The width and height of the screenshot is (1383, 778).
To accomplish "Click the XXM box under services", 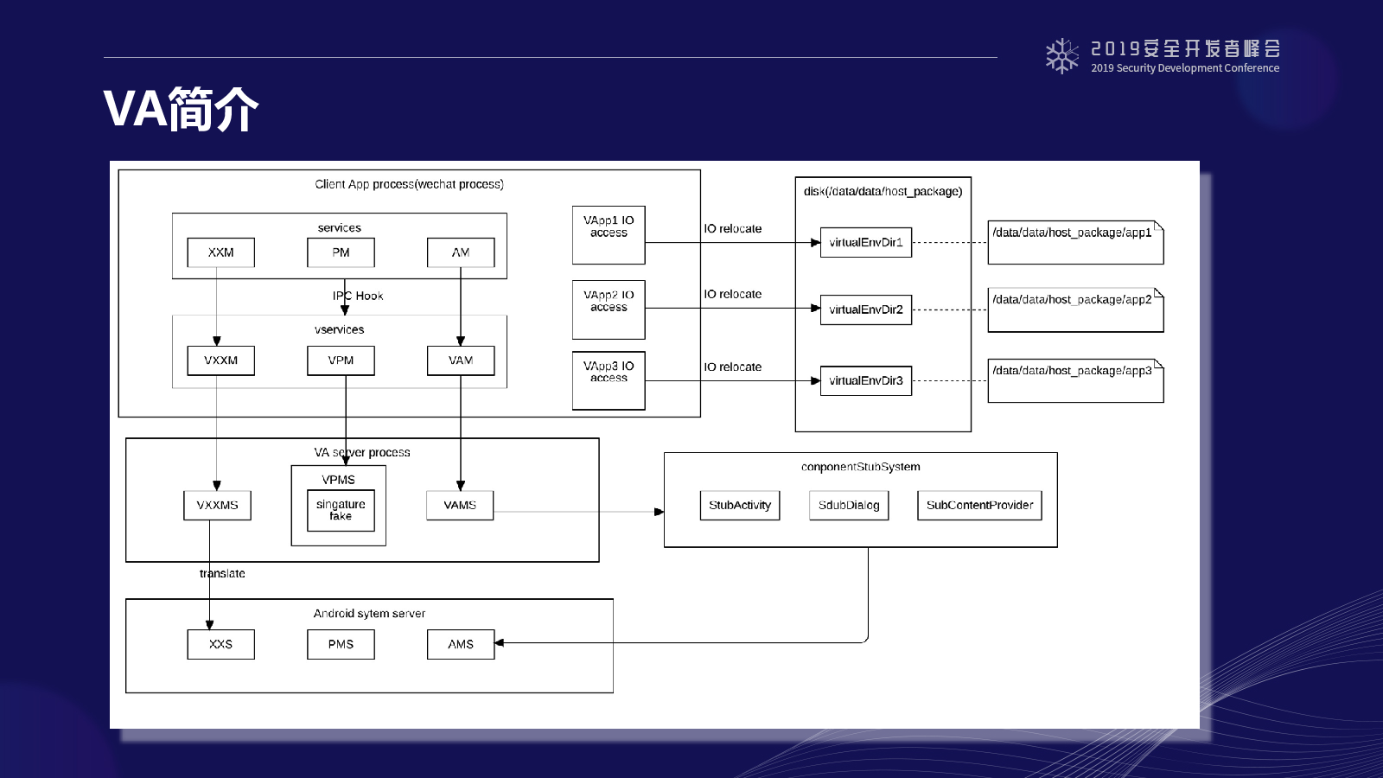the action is coord(220,252).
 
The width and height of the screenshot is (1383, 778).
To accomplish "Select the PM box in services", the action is coord(341,252).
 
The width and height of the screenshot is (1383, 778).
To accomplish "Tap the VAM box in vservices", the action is coord(461,360).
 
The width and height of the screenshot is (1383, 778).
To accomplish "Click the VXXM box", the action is coord(220,360).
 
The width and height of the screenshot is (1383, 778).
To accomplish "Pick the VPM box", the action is coord(341,360).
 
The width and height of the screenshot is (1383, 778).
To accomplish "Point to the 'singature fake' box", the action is coord(341,510).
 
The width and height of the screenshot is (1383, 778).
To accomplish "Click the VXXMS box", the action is coord(217,505).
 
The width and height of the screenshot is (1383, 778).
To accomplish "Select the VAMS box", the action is coord(460,505).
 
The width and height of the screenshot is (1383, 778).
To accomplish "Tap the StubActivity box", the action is coord(740,505).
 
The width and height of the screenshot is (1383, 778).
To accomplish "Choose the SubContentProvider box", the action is coord(979,505).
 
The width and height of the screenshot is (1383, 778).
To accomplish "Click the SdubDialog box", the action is coord(849,505).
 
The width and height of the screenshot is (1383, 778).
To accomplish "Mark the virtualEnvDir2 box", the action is coord(865,310).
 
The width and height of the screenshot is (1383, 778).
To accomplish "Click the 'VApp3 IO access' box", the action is coord(609,380).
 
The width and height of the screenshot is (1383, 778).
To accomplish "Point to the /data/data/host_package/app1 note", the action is coord(1075,242).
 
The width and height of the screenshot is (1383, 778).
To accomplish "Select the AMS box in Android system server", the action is coord(461,644).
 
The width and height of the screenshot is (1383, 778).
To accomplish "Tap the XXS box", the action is coord(220,644).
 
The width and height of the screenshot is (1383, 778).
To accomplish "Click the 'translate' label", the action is coord(222,574).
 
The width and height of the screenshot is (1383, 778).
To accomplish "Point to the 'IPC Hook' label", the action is coord(358,296).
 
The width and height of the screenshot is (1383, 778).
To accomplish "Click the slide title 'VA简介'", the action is coord(181,109).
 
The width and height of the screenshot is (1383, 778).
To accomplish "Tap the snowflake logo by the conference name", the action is coord(1062,56).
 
